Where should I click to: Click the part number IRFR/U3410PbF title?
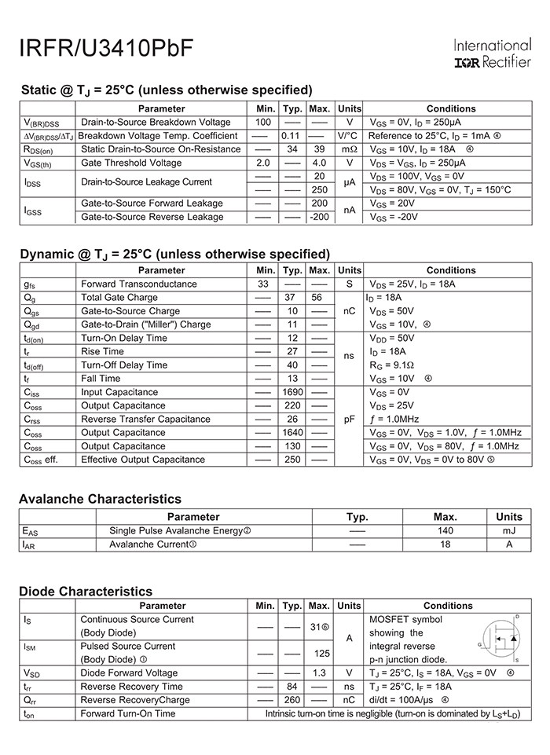coord(105,48)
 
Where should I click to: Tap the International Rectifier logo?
coord(493,53)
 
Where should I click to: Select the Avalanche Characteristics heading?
coord(100,499)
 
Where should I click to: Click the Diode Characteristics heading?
coord(86,592)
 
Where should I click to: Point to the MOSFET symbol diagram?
coord(500,640)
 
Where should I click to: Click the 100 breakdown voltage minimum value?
coord(263,123)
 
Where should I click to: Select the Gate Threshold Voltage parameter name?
coord(131,163)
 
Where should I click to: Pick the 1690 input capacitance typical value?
coord(292,392)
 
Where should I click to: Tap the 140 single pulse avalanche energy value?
coord(445,531)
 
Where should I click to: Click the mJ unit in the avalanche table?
coord(509,531)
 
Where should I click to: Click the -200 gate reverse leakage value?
coord(319,217)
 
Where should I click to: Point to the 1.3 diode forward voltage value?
coord(319,673)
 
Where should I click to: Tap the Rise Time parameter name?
coord(102,351)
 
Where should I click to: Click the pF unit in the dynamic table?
coord(350,420)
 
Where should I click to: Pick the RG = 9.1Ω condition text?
coord(391,365)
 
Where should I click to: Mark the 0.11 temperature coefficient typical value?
coord(292,136)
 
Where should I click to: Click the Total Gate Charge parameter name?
coord(119,298)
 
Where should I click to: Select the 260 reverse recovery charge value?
coord(292,700)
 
